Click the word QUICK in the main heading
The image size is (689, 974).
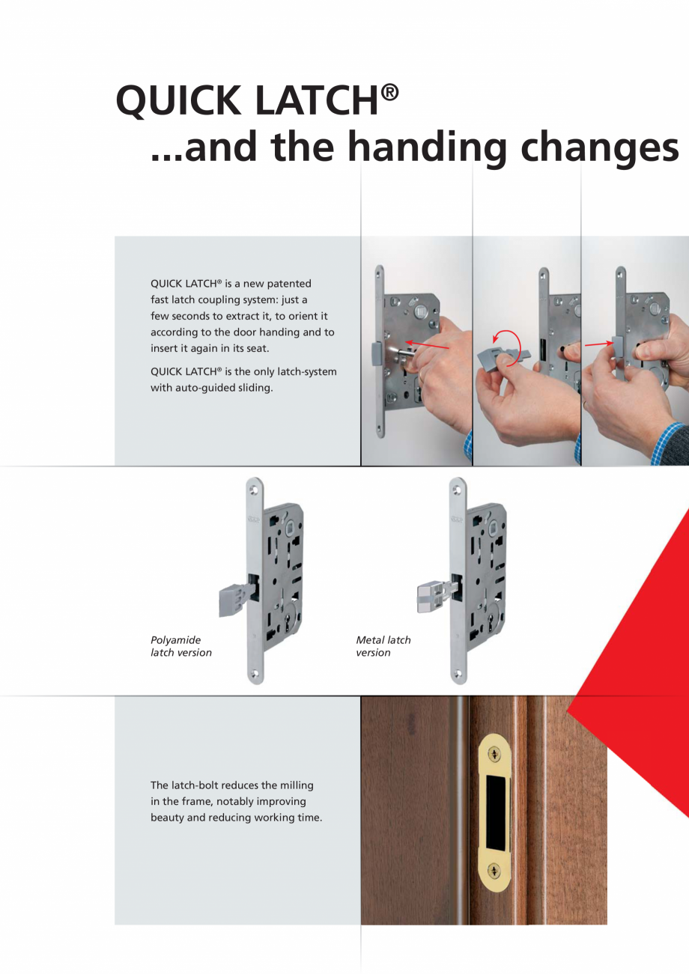[178, 100]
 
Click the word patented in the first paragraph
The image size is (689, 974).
[289, 284]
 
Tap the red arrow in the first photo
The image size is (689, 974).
[427, 345]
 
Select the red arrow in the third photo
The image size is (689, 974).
[598, 344]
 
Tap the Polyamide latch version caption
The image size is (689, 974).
[181, 646]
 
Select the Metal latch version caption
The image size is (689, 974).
[383, 646]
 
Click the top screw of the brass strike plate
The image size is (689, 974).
[494, 753]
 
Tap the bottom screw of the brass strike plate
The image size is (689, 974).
[494, 871]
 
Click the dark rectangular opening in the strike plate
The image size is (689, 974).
[497, 812]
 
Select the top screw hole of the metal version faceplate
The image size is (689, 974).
[457, 490]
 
